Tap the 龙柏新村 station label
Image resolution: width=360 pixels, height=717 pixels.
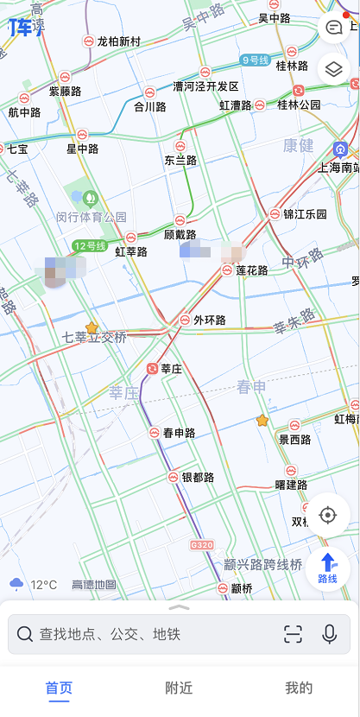(x=119, y=41)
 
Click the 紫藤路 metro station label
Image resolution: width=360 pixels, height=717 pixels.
(x=65, y=91)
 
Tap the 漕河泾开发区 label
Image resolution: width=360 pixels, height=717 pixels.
(x=205, y=86)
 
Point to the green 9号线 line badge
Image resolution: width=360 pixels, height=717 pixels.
(x=256, y=60)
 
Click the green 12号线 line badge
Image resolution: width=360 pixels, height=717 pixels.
(x=89, y=246)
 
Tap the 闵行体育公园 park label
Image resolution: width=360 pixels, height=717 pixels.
(x=92, y=217)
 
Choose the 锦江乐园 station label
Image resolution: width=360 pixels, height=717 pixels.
(x=306, y=214)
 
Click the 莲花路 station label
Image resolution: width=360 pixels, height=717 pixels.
(x=251, y=270)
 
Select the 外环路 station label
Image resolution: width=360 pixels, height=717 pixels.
(x=209, y=320)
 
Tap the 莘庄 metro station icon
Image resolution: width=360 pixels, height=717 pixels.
(x=153, y=369)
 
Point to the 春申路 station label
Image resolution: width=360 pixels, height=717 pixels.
(x=179, y=433)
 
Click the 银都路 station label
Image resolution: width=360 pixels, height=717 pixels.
(x=198, y=477)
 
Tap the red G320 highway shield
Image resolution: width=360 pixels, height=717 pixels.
(x=201, y=545)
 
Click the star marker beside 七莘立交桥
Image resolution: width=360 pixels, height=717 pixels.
(x=92, y=327)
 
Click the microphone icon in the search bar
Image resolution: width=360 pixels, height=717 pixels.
(x=329, y=634)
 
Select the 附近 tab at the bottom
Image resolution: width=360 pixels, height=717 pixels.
(x=179, y=688)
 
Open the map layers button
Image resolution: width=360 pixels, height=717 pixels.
(x=333, y=68)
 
